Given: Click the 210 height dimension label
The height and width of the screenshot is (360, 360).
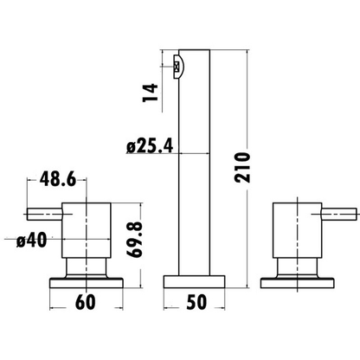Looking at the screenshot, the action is click(242, 168).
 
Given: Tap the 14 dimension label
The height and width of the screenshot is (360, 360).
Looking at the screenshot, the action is click(151, 93).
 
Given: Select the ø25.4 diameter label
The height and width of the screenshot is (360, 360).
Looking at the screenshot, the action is click(150, 145).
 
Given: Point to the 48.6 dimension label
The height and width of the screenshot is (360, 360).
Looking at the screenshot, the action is click(58, 179).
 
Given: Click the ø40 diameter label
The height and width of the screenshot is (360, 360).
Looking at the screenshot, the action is click(31, 240).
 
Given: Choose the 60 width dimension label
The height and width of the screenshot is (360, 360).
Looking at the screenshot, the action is click(86, 302).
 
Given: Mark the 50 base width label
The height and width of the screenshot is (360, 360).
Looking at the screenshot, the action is click(196, 302).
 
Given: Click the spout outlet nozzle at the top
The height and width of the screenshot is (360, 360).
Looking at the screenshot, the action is click(178, 67).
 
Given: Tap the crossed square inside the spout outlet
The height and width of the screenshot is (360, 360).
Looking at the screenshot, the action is click(177, 67).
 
